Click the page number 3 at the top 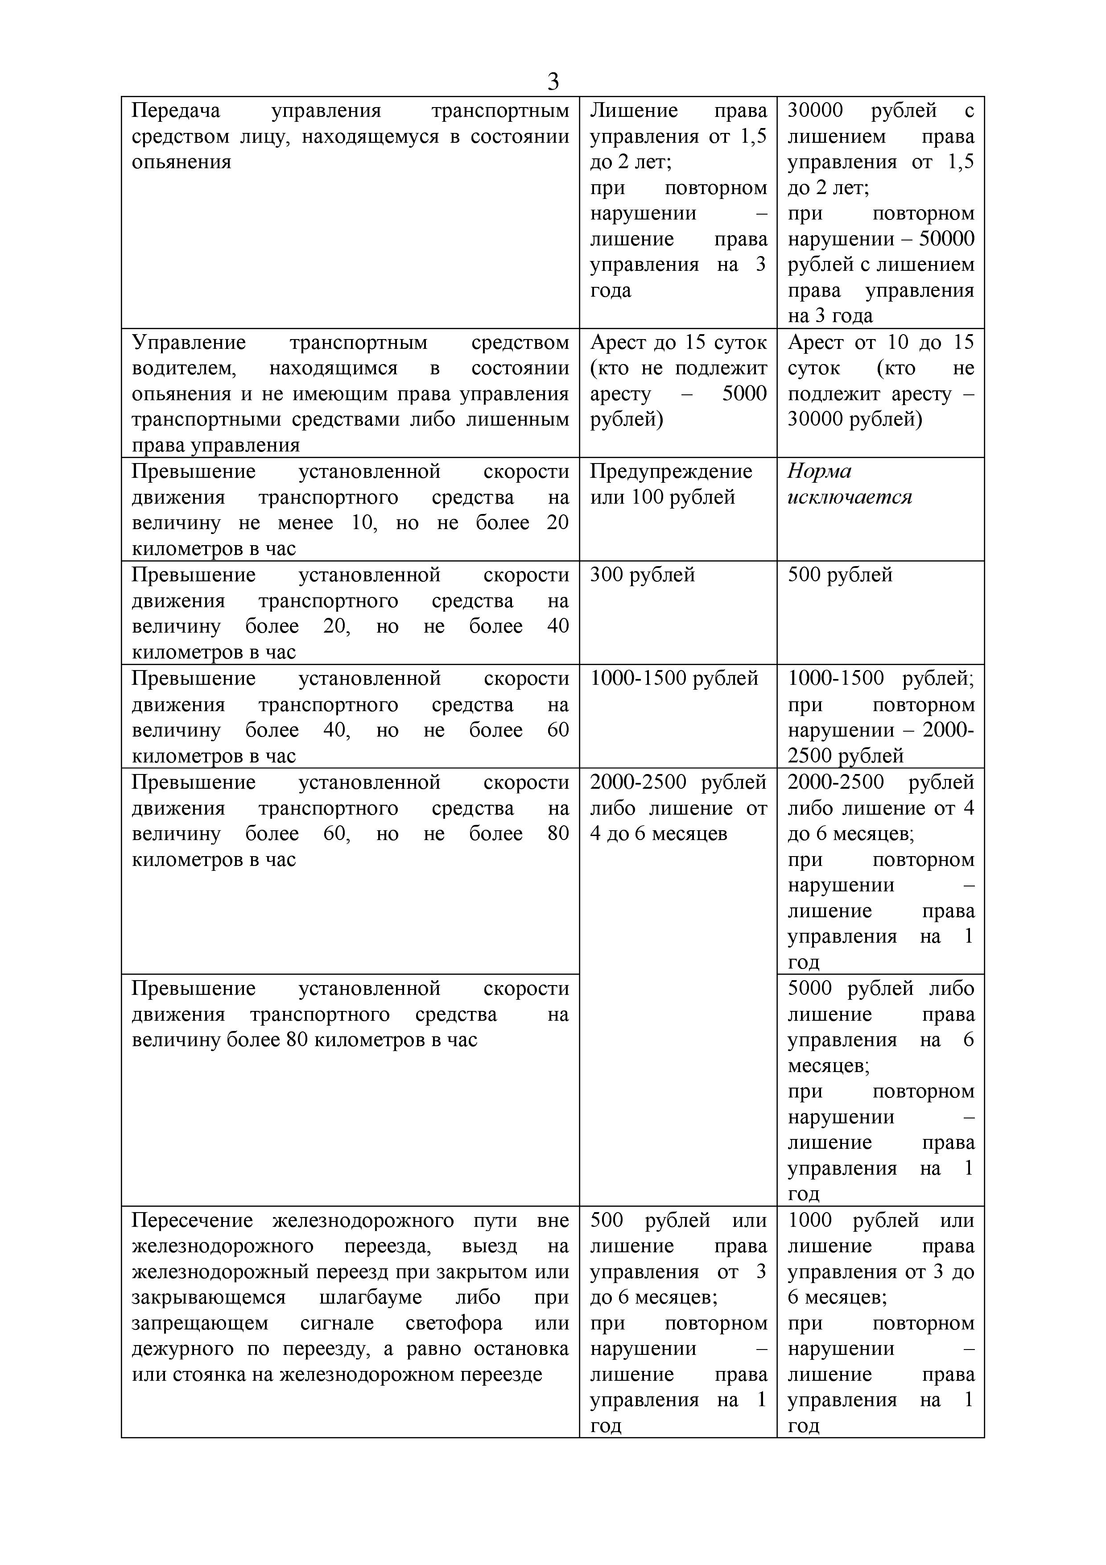(x=553, y=82)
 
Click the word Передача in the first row (x=176, y=111)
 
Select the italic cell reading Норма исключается (x=849, y=484)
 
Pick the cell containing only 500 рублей (x=840, y=575)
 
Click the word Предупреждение (x=671, y=471)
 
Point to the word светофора (x=453, y=1323)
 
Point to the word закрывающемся (x=209, y=1297)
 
